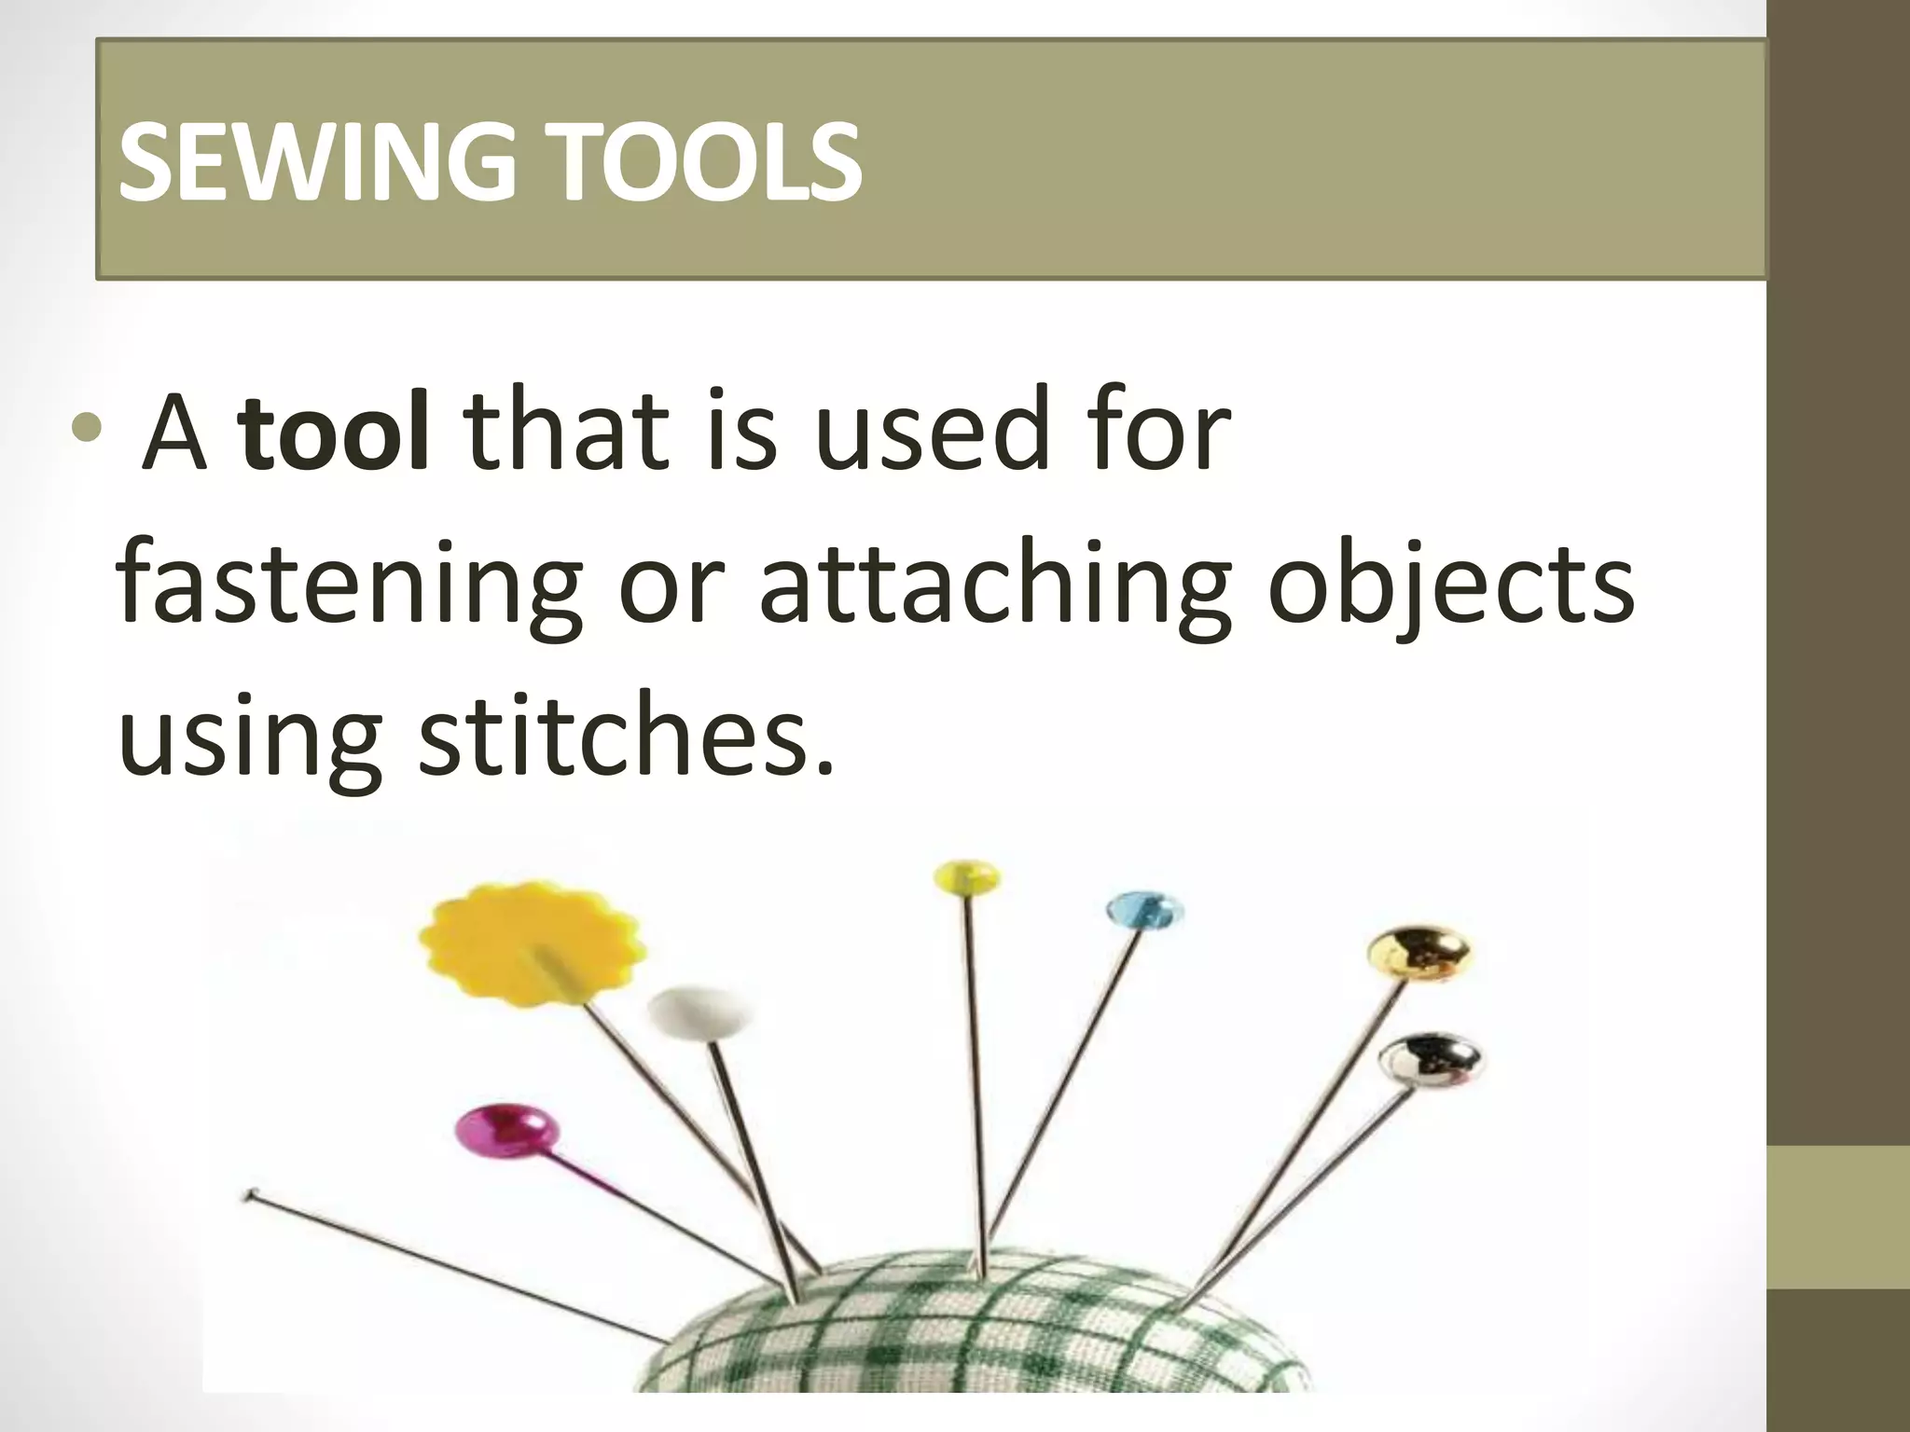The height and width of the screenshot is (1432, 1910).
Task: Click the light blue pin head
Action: pyautogui.click(x=1144, y=910)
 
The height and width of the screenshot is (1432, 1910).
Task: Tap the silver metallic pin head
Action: pyautogui.click(x=1430, y=1060)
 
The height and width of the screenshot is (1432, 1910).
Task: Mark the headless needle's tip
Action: pyautogui.click(x=250, y=1194)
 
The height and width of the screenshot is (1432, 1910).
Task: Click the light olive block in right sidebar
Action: pyautogui.click(x=1837, y=1217)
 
